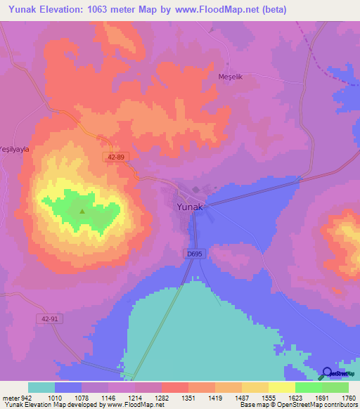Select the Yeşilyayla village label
(x=13, y=138)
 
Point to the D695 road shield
(x=196, y=254)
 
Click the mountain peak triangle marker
(x=82, y=211)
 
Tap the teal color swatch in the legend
(x=41, y=387)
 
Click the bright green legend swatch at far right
(x=335, y=387)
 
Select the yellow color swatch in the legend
(x=282, y=387)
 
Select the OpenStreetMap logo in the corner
(x=337, y=374)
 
